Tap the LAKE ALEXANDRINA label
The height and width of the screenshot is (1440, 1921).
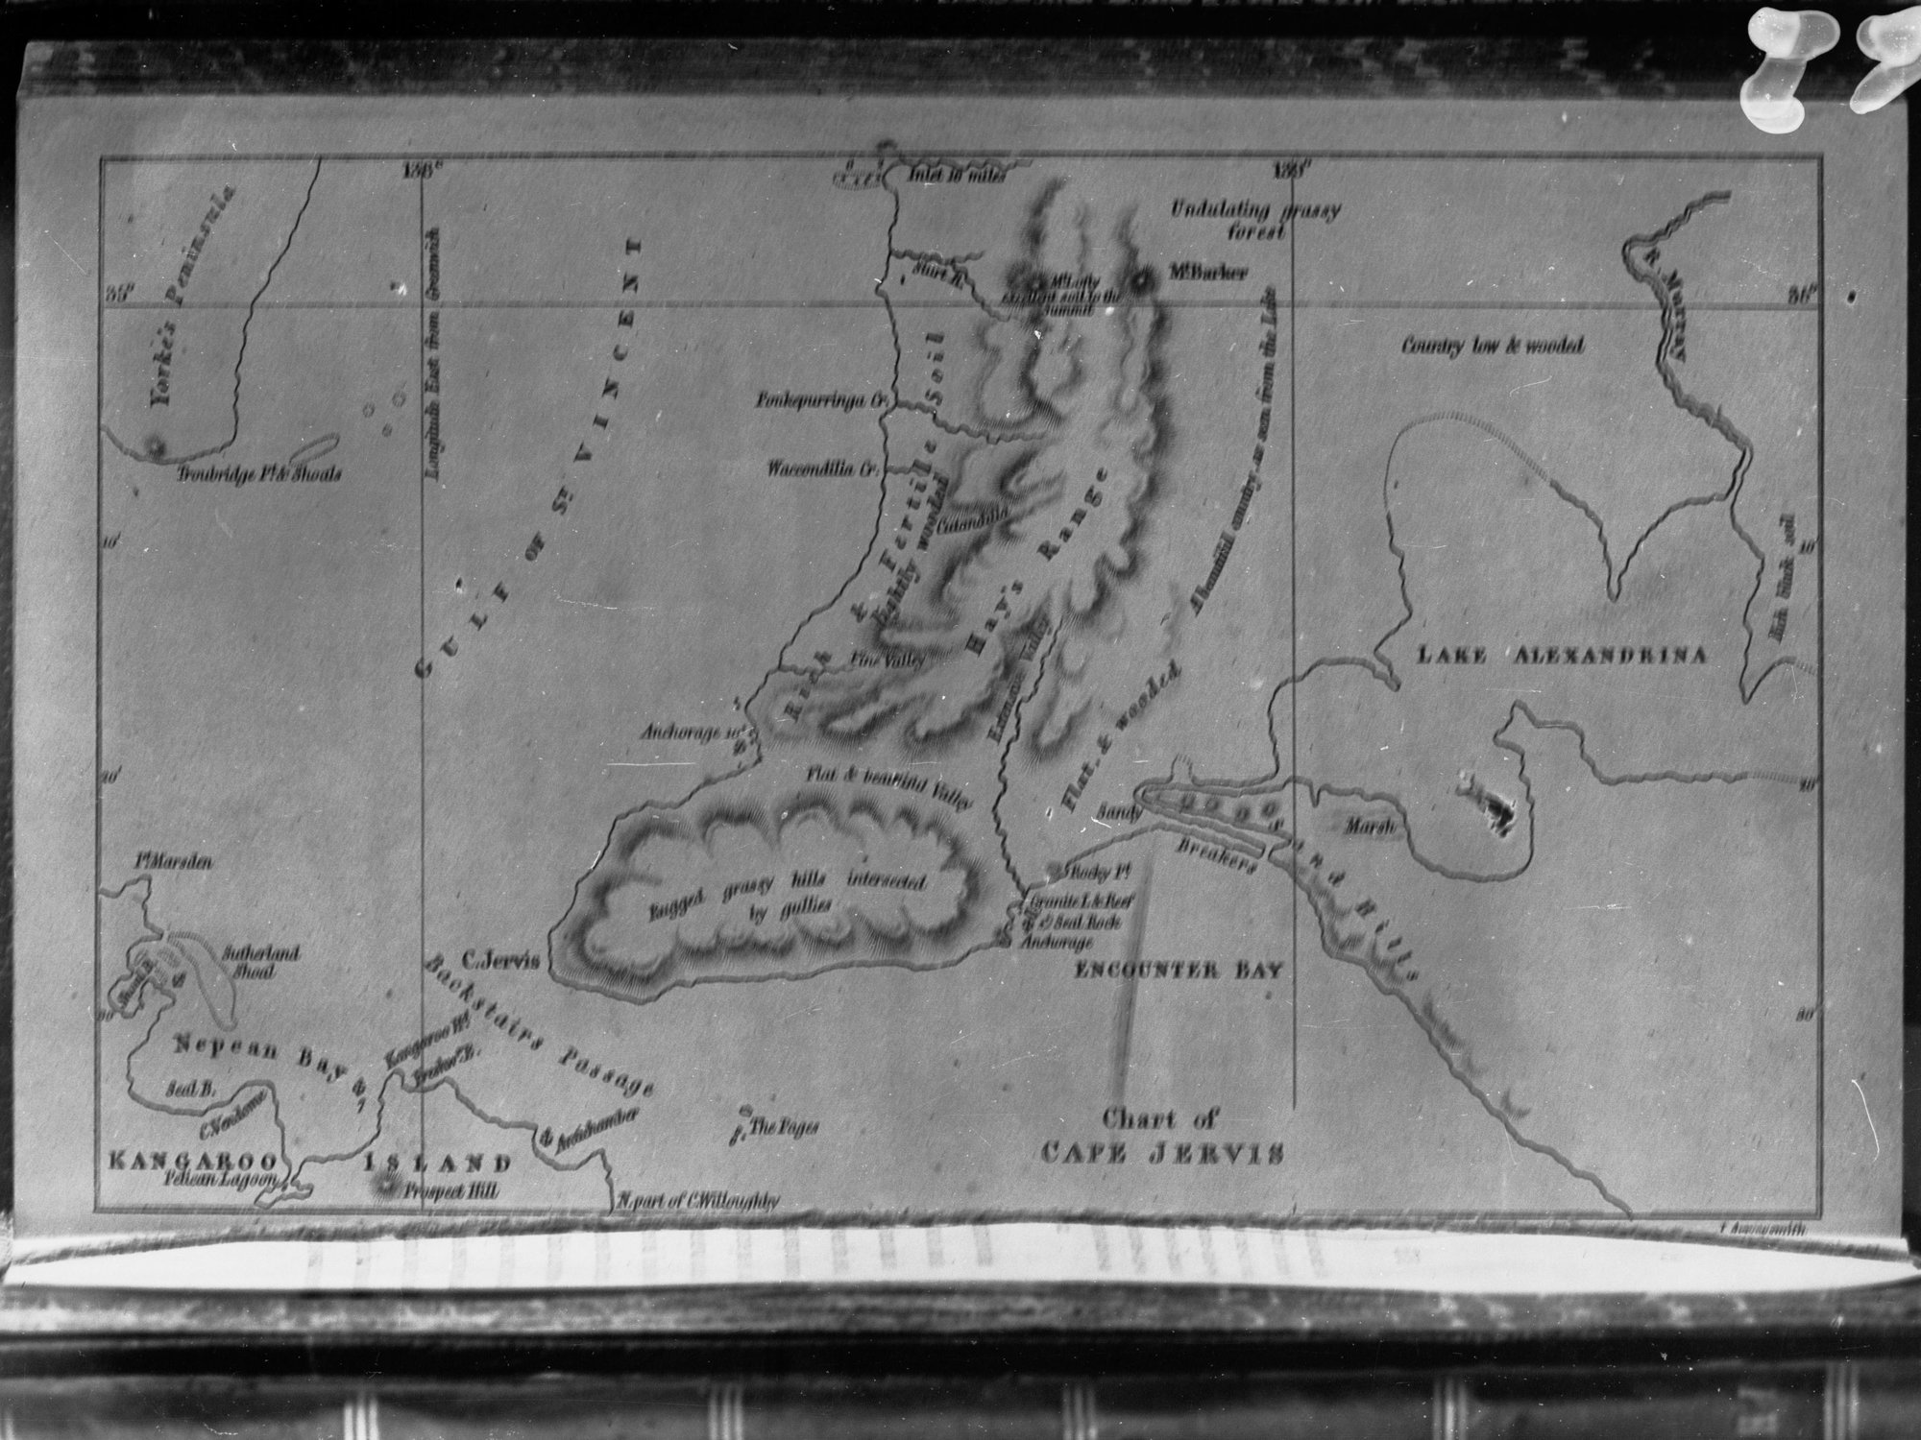pyautogui.click(x=1563, y=656)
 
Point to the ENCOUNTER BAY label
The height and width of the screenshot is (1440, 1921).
pyautogui.click(x=1179, y=970)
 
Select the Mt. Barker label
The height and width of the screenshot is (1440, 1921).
pyautogui.click(x=1208, y=273)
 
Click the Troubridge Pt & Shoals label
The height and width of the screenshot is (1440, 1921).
pyautogui.click(x=259, y=474)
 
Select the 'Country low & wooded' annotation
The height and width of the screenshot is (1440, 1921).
pyautogui.click(x=1490, y=347)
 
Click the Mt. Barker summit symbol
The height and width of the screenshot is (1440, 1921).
pyautogui.click(x=1141, y=281)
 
